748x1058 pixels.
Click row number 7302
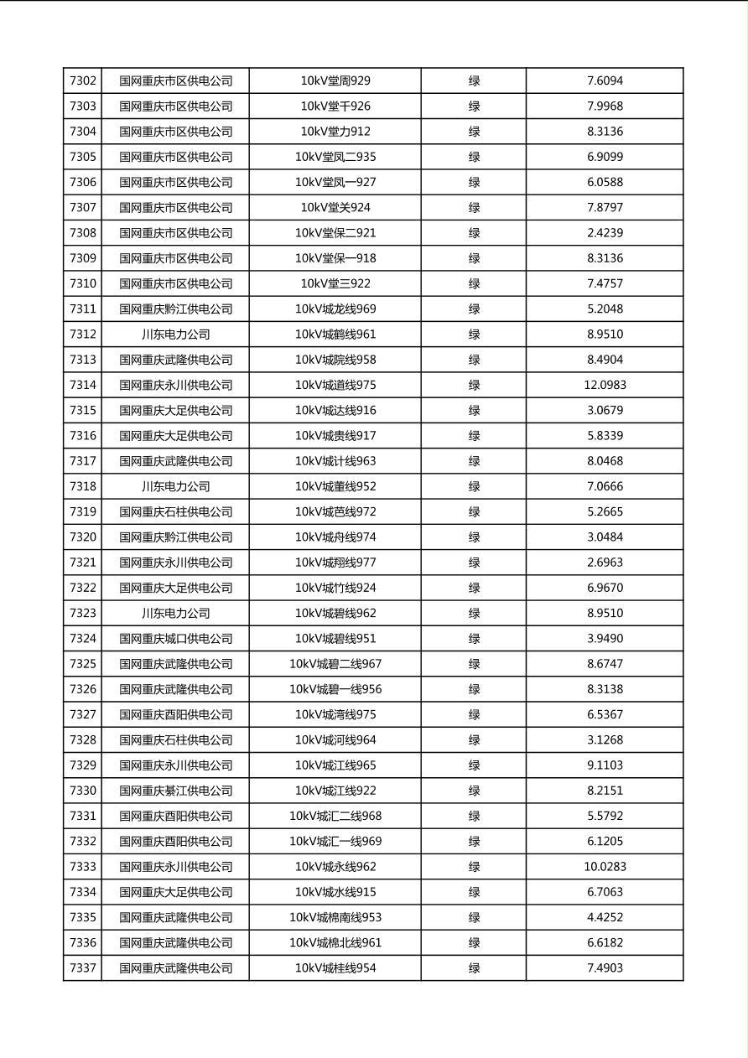tap(83, 81)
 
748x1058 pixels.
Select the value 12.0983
tap(605, 385)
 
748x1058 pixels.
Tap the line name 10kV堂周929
tap(335, 81)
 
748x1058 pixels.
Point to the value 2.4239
tap(605, 233)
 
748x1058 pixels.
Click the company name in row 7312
tap(175, 335)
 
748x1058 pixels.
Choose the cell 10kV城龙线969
tap(335, 309)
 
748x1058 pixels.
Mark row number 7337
tap(83, 968)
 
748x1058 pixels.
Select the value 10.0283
tap(605, 867)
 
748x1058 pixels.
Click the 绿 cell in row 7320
tap(474, 537)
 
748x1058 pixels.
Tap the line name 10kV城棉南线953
tap(335, 918)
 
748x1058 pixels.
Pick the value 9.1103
tap(605, 765)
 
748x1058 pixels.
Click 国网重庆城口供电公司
tap(175, 639)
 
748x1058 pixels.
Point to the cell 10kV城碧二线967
tap(335, 664)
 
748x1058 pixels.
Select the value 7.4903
tap(605, 968)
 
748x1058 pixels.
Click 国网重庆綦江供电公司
tap(175, 791)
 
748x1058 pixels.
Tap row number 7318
tap(83, 486)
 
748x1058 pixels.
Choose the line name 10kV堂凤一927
tap(335, 183)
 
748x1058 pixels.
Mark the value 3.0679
tap(605, 411)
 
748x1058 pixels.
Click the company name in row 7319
tap(175, 512)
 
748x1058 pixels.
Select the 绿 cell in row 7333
tap(474, 867)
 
